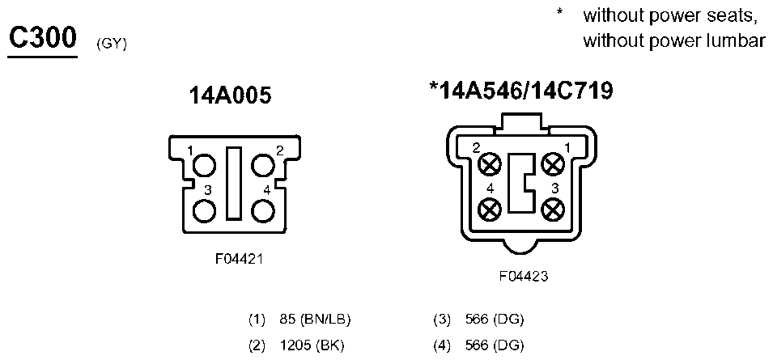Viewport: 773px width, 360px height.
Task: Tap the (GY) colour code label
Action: coord(112,44)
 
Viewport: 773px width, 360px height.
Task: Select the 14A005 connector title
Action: coord(230,95)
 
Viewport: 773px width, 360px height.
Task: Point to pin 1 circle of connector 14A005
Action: coord(204,165)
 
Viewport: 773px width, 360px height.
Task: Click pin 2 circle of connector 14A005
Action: coord(263,165)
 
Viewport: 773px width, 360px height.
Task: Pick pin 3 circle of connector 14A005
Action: coord(204,212)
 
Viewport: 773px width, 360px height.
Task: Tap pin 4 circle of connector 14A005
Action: coord(263,212)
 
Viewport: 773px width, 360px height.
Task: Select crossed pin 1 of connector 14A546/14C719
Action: coord(553,164)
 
